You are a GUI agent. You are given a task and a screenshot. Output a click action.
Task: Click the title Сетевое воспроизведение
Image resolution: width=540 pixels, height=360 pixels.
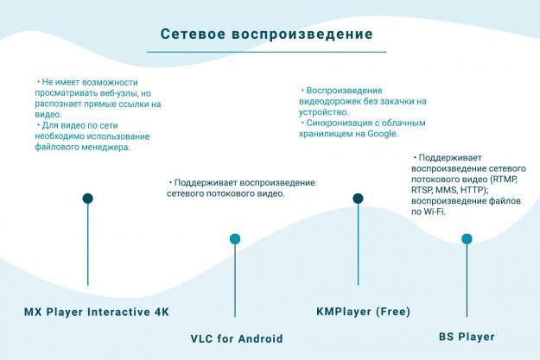[267, 34]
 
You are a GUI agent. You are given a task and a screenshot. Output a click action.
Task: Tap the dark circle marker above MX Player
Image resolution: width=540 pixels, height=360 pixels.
[87, 199]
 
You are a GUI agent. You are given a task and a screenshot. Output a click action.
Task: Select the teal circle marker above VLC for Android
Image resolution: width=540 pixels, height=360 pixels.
[235, 239]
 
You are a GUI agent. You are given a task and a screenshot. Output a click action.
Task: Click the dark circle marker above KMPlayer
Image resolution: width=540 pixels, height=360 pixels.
[358, 199]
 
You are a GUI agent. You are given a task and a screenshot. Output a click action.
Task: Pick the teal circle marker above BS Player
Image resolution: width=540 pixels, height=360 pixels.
[467, 239]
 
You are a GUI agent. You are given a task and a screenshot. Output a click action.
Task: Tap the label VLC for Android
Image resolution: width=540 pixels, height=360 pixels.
[237, 338]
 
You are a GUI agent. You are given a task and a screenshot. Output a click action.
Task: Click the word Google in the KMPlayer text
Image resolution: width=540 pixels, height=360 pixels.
[381, 134]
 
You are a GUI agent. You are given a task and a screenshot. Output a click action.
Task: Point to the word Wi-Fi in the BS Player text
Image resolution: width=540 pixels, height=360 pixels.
[433, 212]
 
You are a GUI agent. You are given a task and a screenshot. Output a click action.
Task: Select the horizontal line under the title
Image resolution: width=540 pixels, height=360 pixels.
[266, 53]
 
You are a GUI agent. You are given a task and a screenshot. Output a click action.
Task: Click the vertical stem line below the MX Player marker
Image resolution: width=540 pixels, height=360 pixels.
[87, 246]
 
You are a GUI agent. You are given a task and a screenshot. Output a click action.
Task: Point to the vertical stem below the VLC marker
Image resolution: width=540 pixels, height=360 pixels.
[235, 281]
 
